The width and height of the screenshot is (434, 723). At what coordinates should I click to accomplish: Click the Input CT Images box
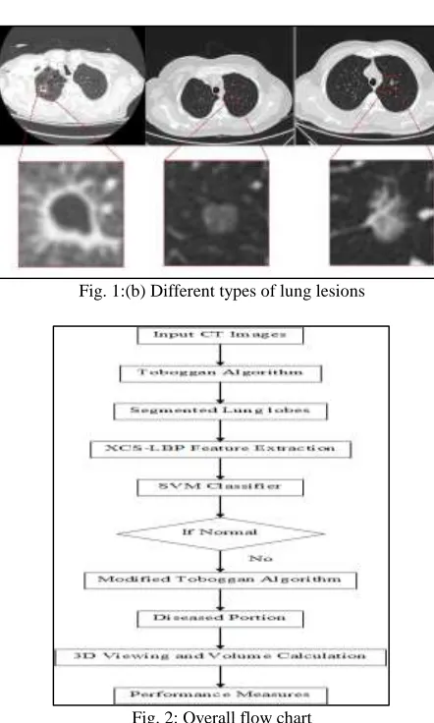click(220, 335)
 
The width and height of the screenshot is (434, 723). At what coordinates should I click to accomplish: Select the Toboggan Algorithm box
click(220, 373)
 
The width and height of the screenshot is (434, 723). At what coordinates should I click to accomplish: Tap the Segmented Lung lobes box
click(220, 412)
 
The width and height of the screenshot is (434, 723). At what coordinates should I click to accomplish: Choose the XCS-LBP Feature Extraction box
click(220, 449)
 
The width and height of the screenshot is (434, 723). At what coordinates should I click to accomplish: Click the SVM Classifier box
click(220, 487)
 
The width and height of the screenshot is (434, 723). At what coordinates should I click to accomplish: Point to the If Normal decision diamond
click(220, 533)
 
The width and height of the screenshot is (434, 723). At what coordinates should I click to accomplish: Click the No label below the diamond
click(260, 558)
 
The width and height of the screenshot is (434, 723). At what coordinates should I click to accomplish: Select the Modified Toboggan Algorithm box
click(220, 581)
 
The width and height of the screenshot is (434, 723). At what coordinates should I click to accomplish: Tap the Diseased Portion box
click(220, 619)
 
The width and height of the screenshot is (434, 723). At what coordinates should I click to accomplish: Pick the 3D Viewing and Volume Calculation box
click(220, 657)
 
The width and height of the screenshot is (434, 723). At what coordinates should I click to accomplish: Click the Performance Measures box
click(220, 695)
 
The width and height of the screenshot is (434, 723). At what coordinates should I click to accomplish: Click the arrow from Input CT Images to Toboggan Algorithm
click(220, 355)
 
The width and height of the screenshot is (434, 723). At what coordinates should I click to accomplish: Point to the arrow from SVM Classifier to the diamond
click(220, 507)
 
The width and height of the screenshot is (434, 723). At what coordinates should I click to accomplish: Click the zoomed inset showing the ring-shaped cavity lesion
click(71, 214)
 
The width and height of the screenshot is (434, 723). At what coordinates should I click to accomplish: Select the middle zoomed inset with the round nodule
click(217, 213)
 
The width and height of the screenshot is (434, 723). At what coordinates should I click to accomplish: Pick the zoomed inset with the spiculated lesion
click(382, 212)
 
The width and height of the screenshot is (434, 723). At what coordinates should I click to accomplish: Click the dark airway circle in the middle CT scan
click(216, 89)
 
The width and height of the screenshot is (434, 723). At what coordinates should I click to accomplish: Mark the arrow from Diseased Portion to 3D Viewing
click(220, 639)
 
